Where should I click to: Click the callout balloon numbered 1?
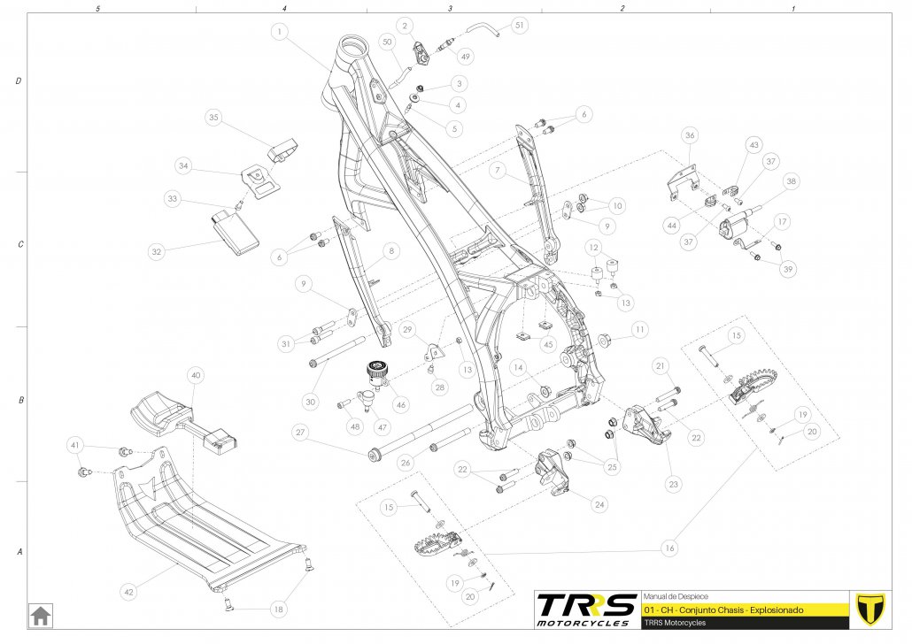click(280, 32)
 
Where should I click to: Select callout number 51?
click(519, 26)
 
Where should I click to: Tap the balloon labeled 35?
click(213, 117)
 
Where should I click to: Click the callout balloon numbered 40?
click(196, 375)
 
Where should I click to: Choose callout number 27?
click(300, 433)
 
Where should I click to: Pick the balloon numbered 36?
click(690, 135)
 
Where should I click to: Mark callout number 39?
click(788, 269)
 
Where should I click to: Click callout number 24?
click(599, 504)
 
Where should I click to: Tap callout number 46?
click(402, 404)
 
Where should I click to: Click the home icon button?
click(40, 614)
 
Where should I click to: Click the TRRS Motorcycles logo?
click(585, 609)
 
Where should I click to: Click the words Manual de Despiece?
click(676, 596)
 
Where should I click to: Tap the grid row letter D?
click(19, 81)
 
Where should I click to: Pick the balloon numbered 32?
click(157, 252)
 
